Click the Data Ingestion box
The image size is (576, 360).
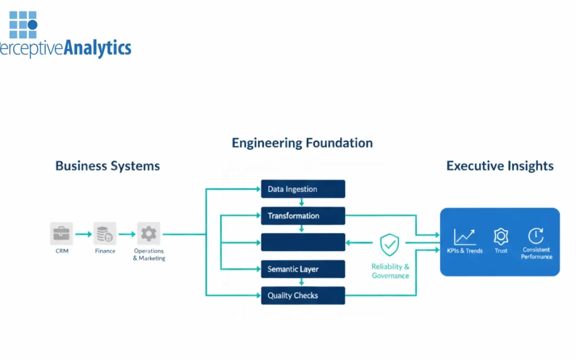pos(303,189)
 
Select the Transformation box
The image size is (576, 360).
pos(303,215)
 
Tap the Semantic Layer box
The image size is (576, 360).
pos(303,269)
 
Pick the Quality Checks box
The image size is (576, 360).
pos(303,295)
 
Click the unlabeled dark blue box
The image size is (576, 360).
pos(303,242)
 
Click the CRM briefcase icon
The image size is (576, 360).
pos(62,234)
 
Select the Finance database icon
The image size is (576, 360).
pos(105,234)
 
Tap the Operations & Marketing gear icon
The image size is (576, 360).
pos(149,234)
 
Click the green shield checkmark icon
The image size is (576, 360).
pos(390,245)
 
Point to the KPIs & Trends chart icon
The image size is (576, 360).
pos(465,236)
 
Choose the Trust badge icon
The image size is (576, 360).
pos(501,236)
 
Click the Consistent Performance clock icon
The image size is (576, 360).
pos(536,236)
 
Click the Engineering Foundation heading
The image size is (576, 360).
pos(302,143)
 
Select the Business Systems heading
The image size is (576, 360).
pos(108,166)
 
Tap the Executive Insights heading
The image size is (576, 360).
pos(500,166)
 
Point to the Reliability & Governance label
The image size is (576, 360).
pos(390,271)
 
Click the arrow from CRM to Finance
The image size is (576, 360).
pos(83,234)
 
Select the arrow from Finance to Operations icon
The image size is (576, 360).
pos(127,234)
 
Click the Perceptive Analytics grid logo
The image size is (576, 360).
pos(23,24)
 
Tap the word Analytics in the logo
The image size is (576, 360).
pos(97,49)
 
